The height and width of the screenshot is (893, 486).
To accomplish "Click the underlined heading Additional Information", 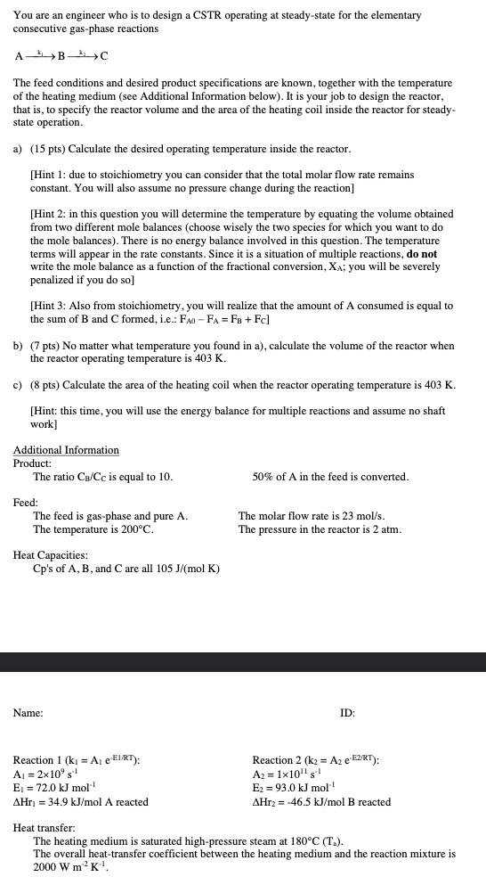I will tap(66, 449).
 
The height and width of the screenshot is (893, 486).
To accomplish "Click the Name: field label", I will tap(28, 712).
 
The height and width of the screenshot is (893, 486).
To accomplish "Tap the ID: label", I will tap(348, 712).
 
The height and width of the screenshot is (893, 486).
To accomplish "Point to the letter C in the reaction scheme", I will tap(104, 56).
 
